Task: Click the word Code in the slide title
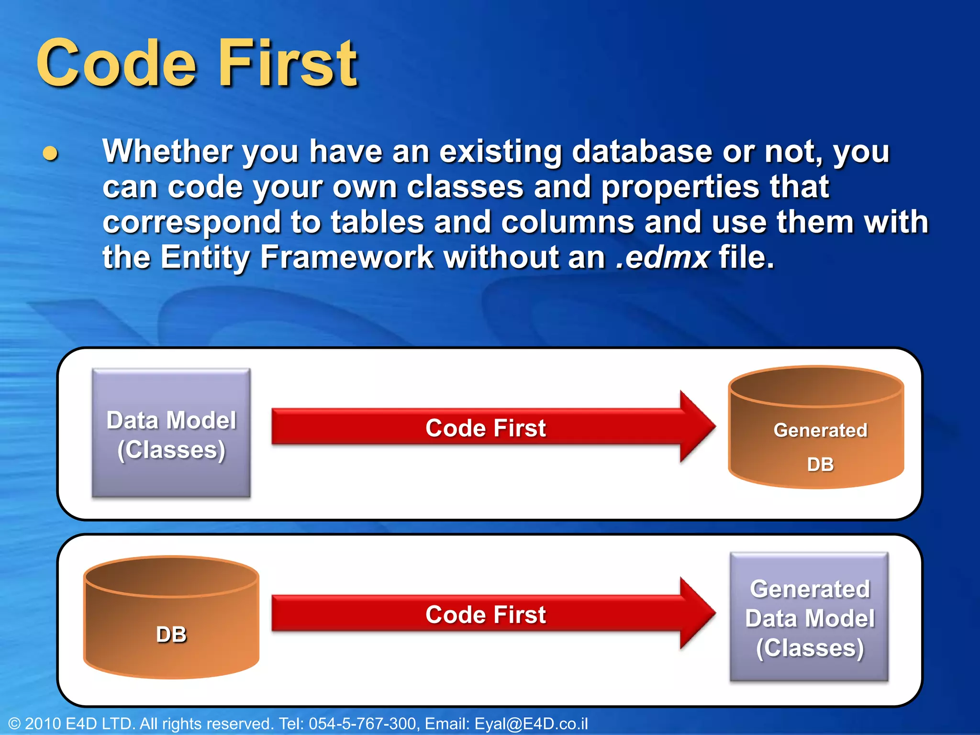116,64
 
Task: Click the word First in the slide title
288,64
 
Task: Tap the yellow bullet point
50,154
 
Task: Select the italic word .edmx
662,257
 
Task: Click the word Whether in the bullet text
167,151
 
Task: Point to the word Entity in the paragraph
205,257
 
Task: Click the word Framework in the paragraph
346,257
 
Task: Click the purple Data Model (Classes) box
171,433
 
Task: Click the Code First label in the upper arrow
485,428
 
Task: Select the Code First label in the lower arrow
485,614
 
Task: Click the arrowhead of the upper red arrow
696,426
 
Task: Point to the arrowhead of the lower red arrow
696,613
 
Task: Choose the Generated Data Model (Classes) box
809,617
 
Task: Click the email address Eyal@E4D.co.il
531,724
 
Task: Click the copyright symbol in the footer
14,724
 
